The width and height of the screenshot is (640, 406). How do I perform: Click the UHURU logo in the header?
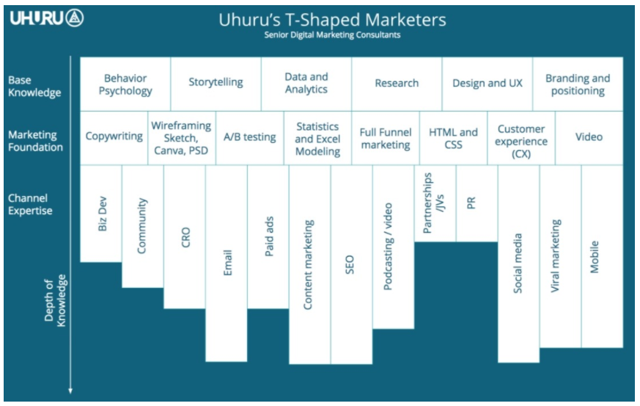[x=46, y=18]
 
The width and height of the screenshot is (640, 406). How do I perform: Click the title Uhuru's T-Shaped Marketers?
[x=332, y=19]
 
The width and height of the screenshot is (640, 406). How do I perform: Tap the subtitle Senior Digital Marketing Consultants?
[x=332, y=35]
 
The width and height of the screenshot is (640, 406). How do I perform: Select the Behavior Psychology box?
[x=125, y=84]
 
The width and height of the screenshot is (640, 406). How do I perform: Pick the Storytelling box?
[x=216, y=82]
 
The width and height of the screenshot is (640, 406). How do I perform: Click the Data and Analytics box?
[x=306, y=83]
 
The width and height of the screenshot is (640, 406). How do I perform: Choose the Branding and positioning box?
[x=578, y=84]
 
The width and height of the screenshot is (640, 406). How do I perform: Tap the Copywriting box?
[x=114, y=137]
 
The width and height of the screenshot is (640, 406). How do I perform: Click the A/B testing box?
[x=249, y=137]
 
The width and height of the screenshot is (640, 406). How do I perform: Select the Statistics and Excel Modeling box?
[x=317, y=139]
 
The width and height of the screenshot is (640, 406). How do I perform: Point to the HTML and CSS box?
[x=453, y=138]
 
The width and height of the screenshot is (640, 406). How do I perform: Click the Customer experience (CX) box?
[x=521, y=139]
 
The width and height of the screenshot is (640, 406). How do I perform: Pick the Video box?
[x=589, y=137]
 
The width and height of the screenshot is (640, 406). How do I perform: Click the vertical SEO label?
[x=350, y=265]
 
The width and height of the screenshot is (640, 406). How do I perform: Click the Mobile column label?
[x=595, y=257]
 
